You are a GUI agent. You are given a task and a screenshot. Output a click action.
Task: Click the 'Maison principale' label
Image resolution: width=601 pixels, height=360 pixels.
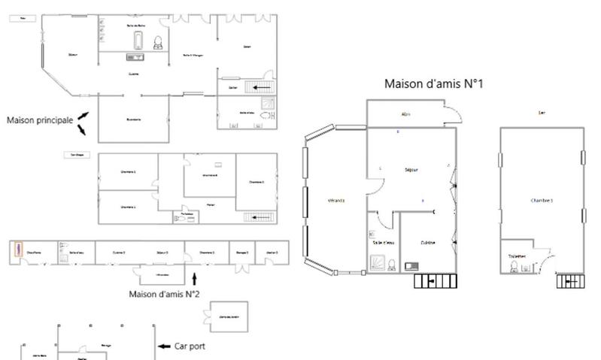(39, 119)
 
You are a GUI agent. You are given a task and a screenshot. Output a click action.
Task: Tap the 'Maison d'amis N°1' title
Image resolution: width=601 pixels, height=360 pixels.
(433, 83)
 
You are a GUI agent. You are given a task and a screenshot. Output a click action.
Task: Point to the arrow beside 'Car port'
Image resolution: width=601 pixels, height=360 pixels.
(166, 346)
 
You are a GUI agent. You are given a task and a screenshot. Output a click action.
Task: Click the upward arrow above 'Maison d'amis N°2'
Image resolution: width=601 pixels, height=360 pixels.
(195, 278)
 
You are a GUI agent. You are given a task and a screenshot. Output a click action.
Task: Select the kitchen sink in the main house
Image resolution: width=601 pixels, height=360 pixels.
(135, 57)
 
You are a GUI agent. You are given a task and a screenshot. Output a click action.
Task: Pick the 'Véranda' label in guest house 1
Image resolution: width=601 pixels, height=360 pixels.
(335, 201)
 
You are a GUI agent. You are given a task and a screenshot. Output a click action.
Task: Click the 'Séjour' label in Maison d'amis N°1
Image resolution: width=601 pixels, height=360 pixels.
(411, 170)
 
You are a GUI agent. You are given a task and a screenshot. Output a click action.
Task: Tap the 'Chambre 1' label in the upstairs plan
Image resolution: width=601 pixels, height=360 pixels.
(541, 200)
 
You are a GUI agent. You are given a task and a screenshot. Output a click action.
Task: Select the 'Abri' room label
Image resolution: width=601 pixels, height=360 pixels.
(405, 114)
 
